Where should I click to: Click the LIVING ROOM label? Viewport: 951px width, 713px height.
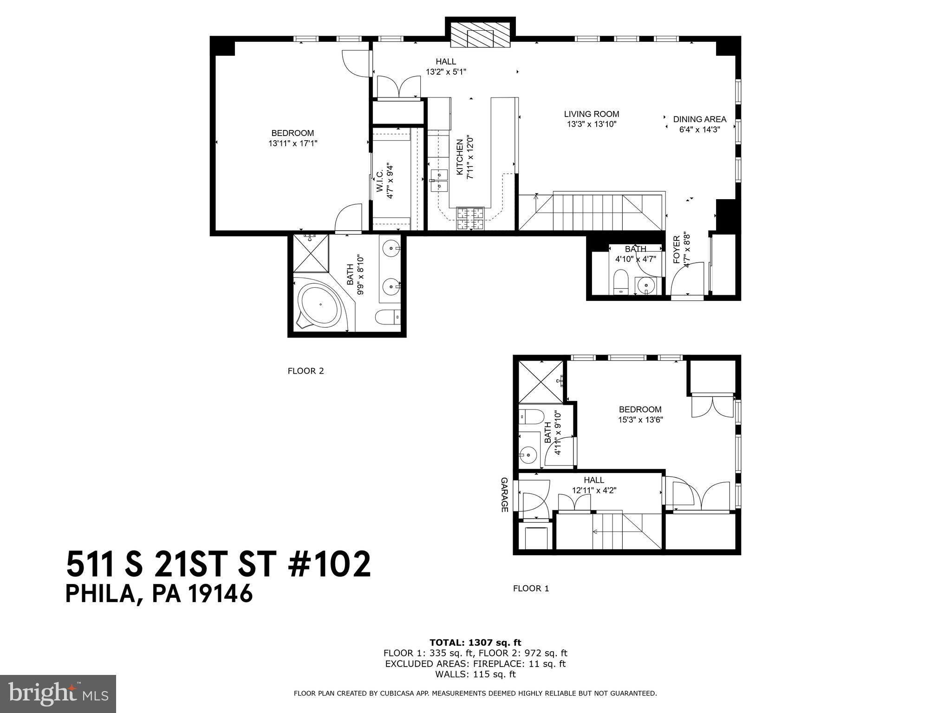click(591, 114)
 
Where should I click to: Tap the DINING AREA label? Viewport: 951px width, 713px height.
click(699, 119)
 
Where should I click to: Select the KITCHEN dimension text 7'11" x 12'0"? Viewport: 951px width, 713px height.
click(469, 157)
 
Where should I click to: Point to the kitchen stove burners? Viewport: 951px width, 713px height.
click(471, 219)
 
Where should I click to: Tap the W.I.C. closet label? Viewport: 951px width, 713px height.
click(379, 182)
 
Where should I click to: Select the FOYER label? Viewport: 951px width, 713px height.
click(677, 249)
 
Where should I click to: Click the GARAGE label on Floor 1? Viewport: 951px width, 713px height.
click(504, 494)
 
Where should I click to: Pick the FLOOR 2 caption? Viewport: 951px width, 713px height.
click(306, 371)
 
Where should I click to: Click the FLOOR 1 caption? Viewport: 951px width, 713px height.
click(531, 589)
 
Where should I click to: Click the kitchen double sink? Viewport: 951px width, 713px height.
click(439, 181)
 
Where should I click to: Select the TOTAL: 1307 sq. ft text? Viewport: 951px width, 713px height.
click(475, 643)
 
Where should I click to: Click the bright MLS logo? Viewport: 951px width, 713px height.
click(58, 694)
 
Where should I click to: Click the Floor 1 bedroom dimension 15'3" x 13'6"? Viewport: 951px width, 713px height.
click(640, 420)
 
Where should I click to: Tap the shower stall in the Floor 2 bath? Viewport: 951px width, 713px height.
click(311, 253)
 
